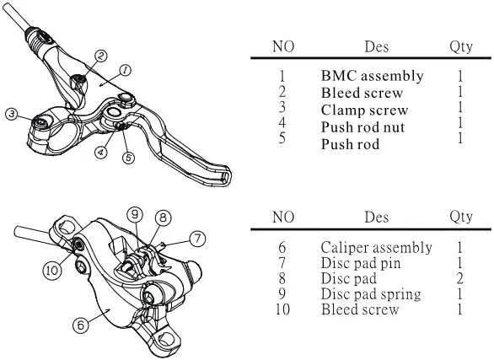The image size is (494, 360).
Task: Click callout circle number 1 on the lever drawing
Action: pos(125,71)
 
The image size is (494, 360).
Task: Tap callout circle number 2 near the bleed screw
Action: pos(100,56)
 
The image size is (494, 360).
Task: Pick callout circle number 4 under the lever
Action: pos(101,153)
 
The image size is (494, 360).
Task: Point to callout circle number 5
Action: pos(128,158)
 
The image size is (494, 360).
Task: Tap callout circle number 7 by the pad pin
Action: pos(196,239)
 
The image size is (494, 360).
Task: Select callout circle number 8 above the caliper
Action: pos(164,217)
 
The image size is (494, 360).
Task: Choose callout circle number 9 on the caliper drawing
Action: pos(134,214)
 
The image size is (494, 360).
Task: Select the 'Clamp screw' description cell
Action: pos(364,110)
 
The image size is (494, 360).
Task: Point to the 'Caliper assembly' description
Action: pos(376,248)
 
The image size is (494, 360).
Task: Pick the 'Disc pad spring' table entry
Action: pos(372,294)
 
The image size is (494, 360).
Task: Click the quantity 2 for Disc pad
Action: pos(460,279)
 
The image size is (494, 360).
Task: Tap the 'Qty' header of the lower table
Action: pos(460,217)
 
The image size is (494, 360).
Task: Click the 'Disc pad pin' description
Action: pos(361,263)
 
